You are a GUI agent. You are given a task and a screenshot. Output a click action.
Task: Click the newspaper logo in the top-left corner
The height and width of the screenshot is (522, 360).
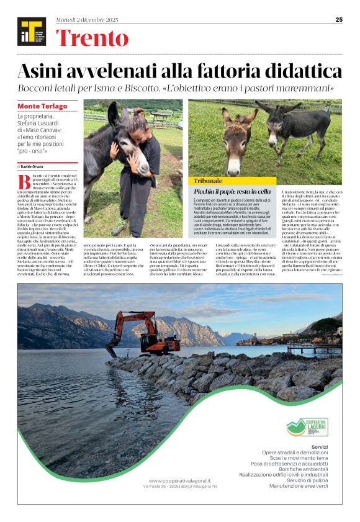pos(31,32)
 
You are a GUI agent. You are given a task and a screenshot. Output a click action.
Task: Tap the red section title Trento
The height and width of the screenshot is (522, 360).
pos(91,38)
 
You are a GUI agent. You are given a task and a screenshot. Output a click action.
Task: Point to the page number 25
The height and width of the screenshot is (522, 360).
pos(339,20)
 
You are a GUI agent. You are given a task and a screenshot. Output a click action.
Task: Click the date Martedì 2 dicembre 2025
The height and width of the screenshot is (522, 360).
pos(87,20)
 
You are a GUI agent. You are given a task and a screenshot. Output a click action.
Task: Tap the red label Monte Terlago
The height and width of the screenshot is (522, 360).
pos(43,106)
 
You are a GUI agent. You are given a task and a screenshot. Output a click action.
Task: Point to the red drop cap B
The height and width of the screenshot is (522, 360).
pos(23,181)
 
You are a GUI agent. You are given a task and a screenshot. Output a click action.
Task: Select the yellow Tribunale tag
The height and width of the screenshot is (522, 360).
pos(209,181)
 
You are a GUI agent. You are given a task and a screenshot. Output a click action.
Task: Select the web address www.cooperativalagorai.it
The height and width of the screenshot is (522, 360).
pos(180,480)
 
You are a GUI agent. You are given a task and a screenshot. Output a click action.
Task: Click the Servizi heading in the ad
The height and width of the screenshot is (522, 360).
pos(320,446)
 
